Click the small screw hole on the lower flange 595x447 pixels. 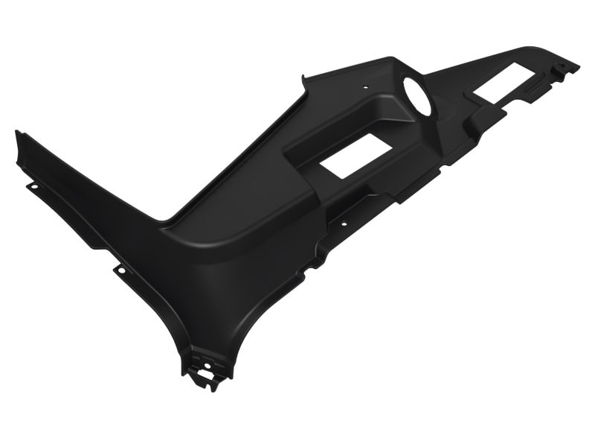[344, 221]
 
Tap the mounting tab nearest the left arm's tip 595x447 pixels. [31, 185]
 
